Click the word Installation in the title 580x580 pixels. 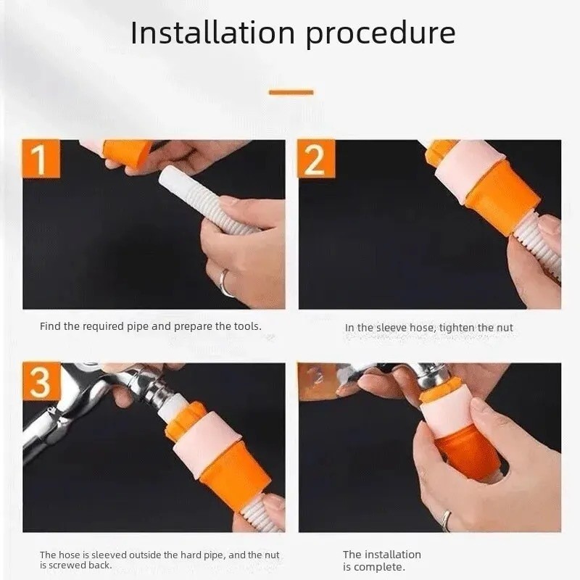(212, 33)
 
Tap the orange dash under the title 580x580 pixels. (291, 92)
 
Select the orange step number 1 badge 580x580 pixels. (41, 158)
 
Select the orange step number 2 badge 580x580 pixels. (316, 158)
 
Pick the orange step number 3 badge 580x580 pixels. (41, 381)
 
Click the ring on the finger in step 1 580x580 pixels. (224, 283)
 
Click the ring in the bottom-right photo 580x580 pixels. (447, 520)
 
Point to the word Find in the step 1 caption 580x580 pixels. (50, 326)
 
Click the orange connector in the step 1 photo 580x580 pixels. (128, 152)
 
